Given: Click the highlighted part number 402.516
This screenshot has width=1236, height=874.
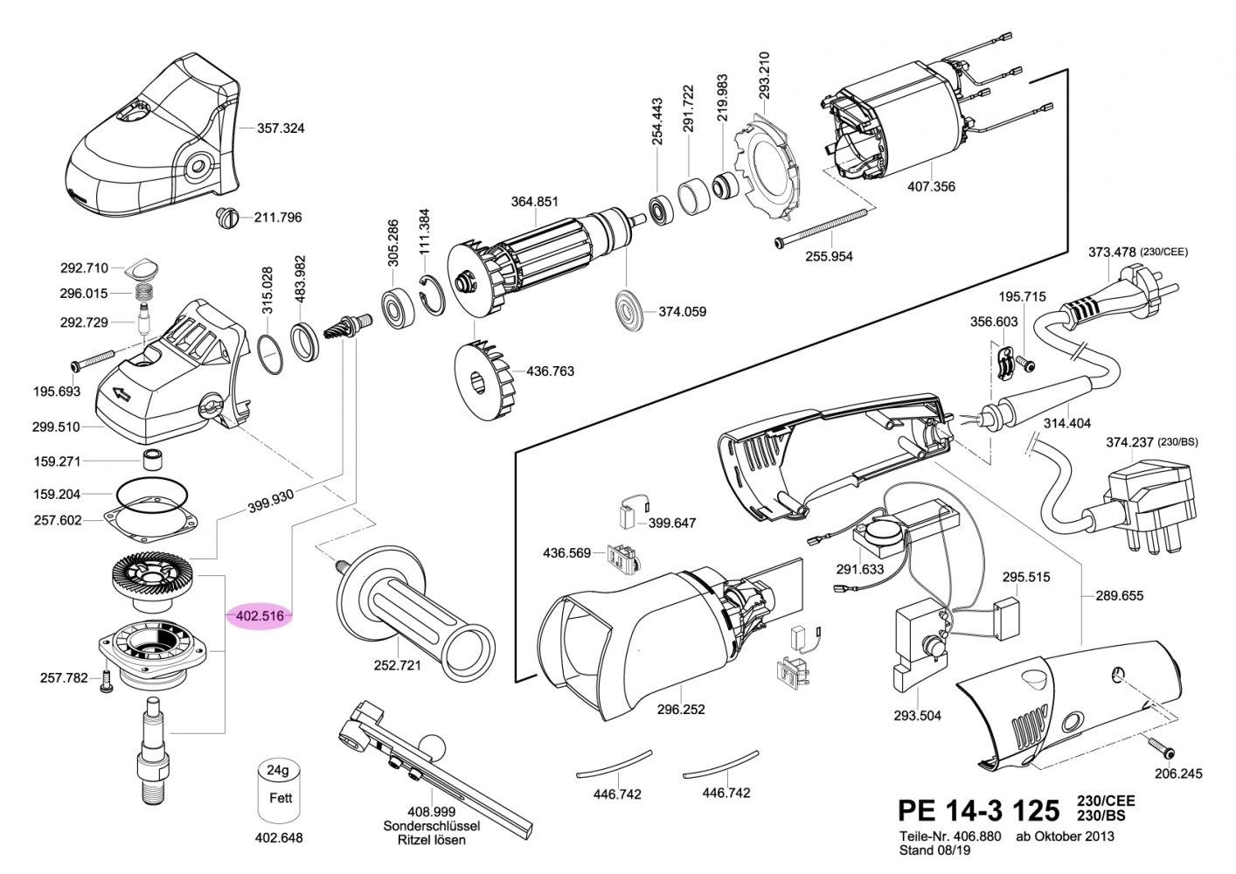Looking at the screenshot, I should tap(260, 616).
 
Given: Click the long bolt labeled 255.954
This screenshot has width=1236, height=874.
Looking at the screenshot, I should tap(822, 228).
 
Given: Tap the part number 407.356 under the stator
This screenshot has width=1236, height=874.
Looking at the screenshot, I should tap(931, 186).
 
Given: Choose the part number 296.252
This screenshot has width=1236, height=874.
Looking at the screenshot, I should tap(681, 710).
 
